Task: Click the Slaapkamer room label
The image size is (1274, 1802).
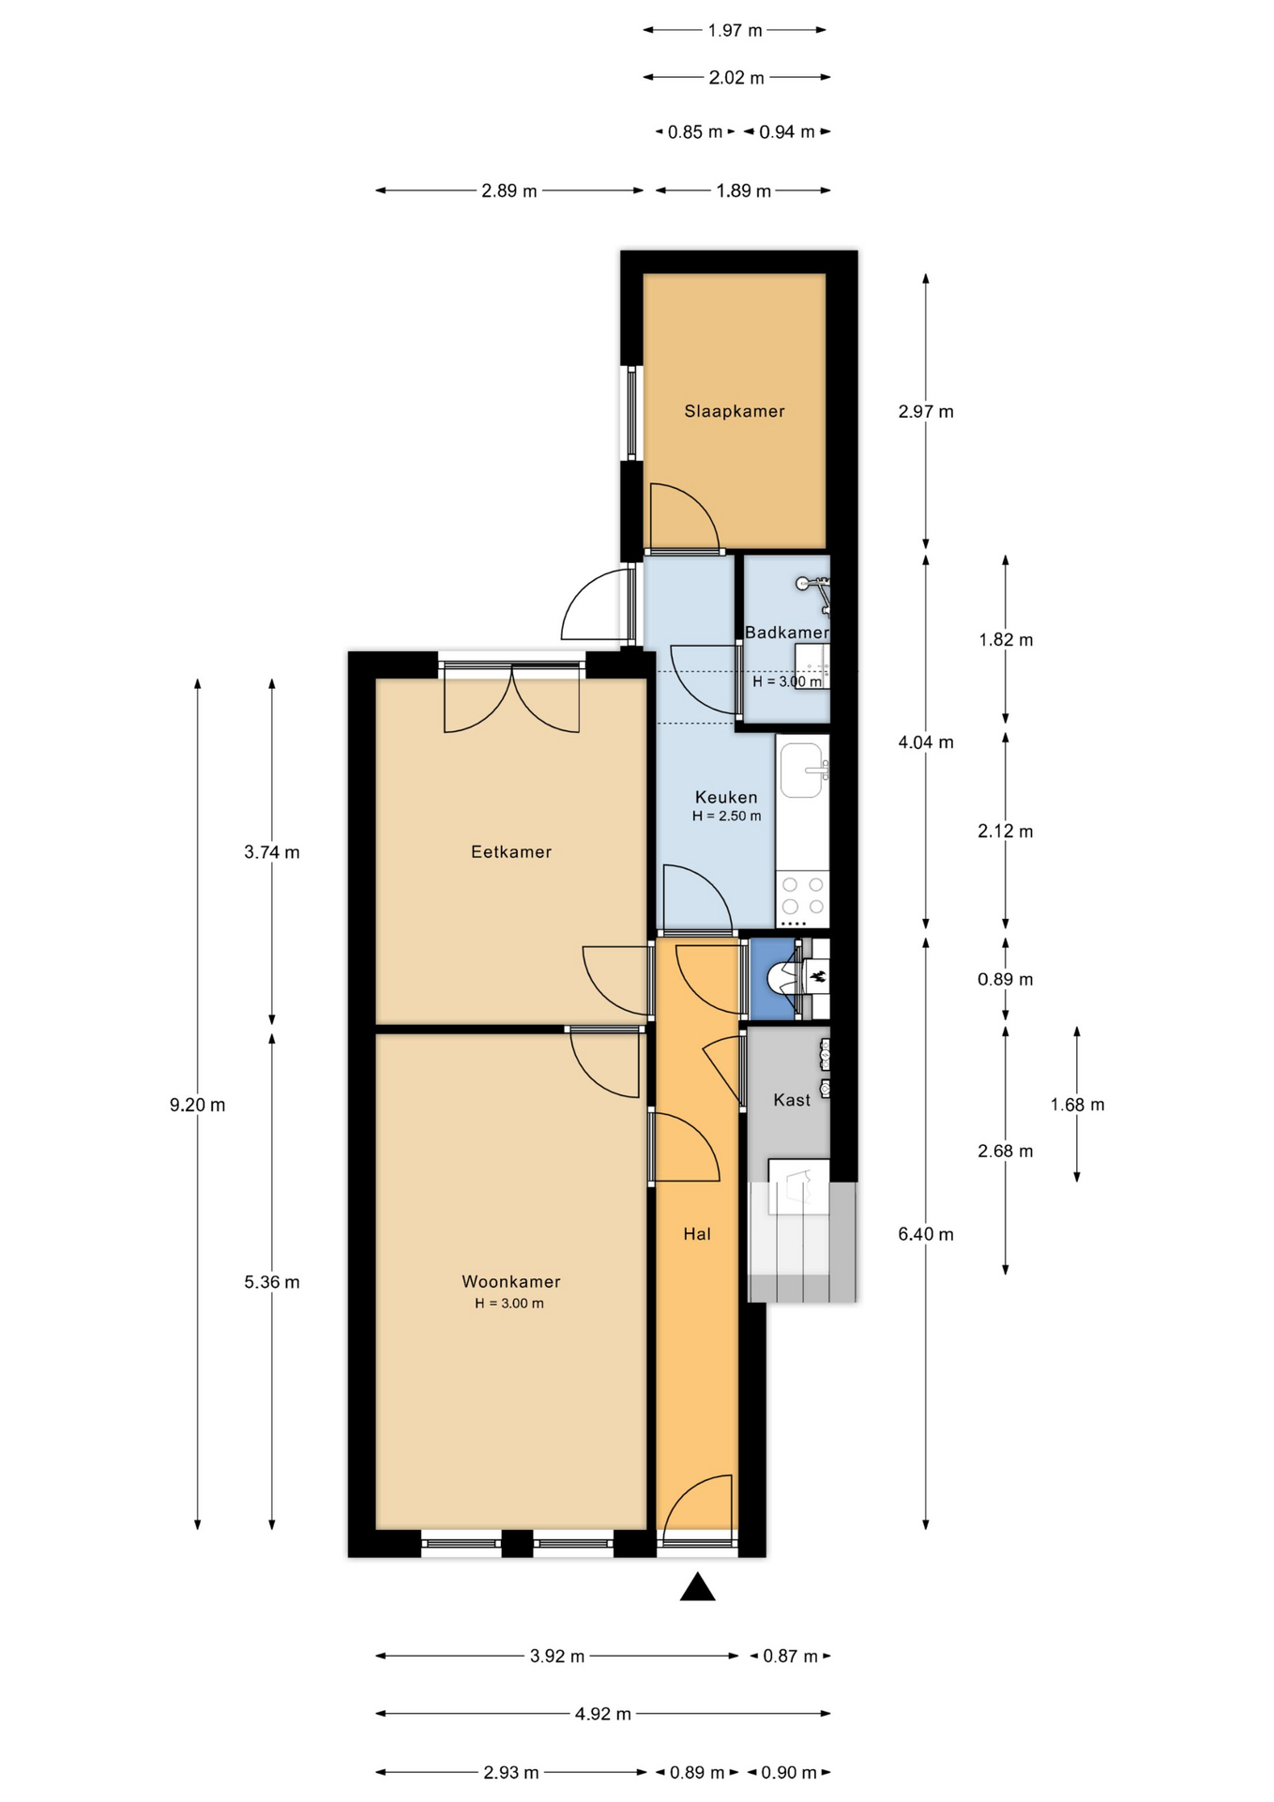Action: (734, 411)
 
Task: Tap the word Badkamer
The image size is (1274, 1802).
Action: (787, 633)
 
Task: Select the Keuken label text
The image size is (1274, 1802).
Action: (726, 798)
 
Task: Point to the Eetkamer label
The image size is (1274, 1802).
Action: (511, 852)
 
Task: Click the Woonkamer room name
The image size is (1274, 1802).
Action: (511, 1282)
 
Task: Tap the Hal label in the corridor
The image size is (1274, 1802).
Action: (697, 1234)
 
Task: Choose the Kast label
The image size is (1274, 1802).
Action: (792, 1100)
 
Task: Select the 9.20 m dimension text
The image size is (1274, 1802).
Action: (197, 1105)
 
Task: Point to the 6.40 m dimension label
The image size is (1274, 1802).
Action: (926, 1234)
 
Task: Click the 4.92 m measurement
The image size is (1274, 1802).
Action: (602, 1714)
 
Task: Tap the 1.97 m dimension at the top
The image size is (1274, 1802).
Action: (736, 30)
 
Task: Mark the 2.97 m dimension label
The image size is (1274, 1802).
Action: (926, 411)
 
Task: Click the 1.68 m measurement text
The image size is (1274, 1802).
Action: (1077, 1105)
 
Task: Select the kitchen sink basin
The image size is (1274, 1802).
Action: (803, 771)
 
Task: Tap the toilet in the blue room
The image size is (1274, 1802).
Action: (782, 979)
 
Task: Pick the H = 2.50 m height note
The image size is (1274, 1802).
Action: (727, 817)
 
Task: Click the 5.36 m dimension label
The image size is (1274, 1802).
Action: (272, 1282)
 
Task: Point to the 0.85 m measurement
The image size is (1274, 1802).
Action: (695, 132)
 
